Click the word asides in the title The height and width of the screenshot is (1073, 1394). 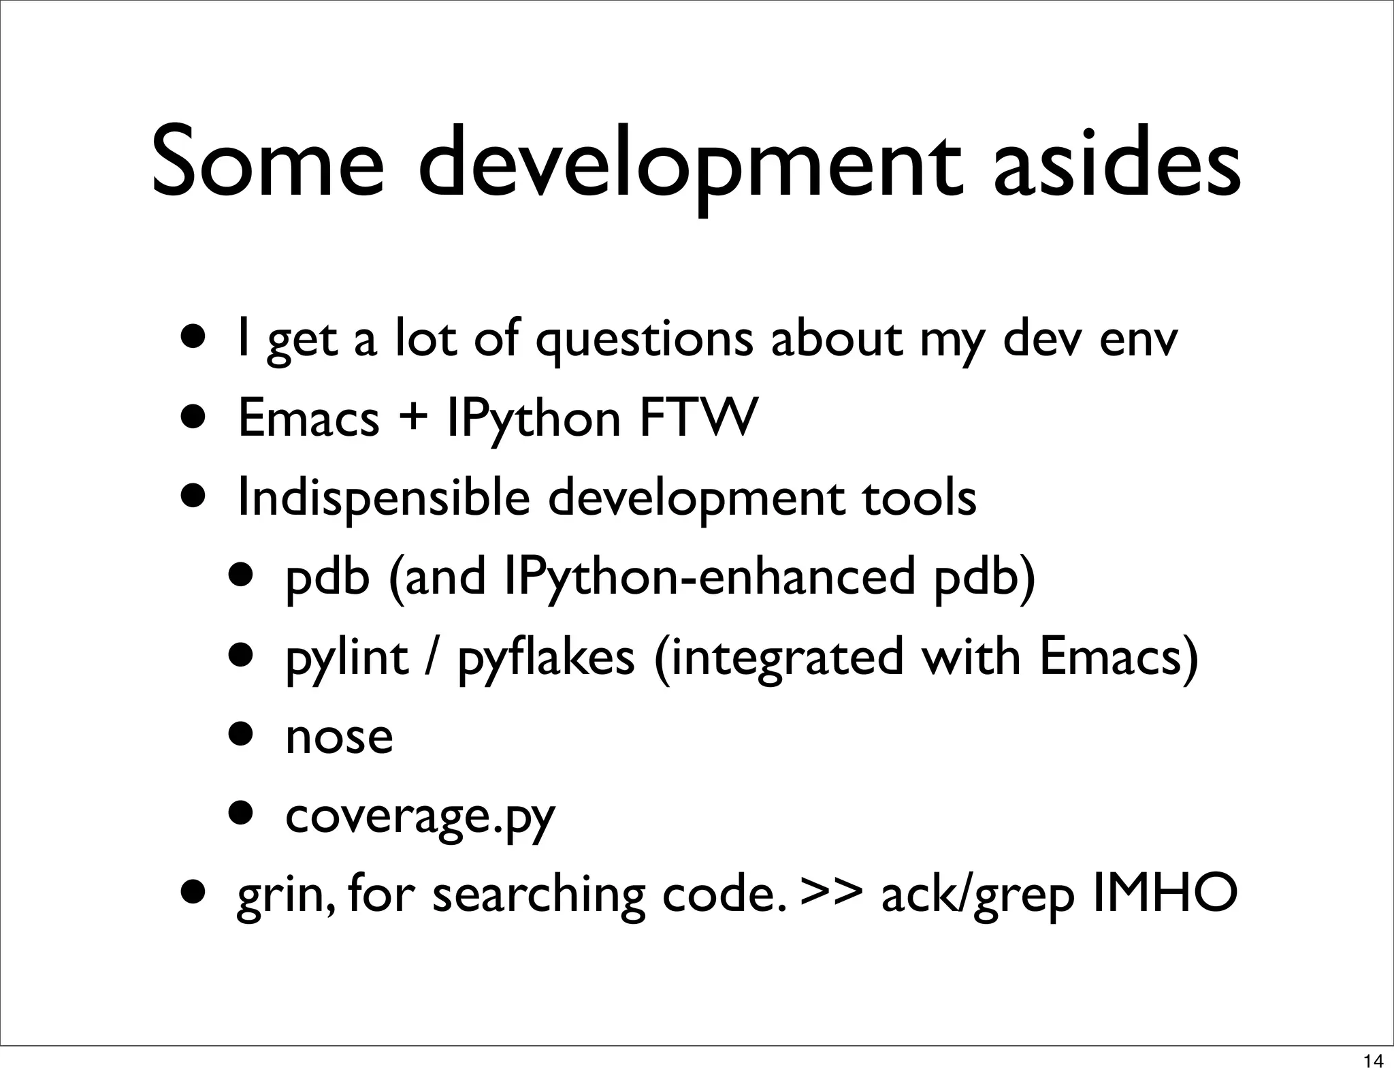1116,163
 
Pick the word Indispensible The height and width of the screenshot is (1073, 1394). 383,498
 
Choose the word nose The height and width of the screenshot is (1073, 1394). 339,737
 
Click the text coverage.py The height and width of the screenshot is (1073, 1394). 420,816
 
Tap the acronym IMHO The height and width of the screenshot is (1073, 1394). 1164,894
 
